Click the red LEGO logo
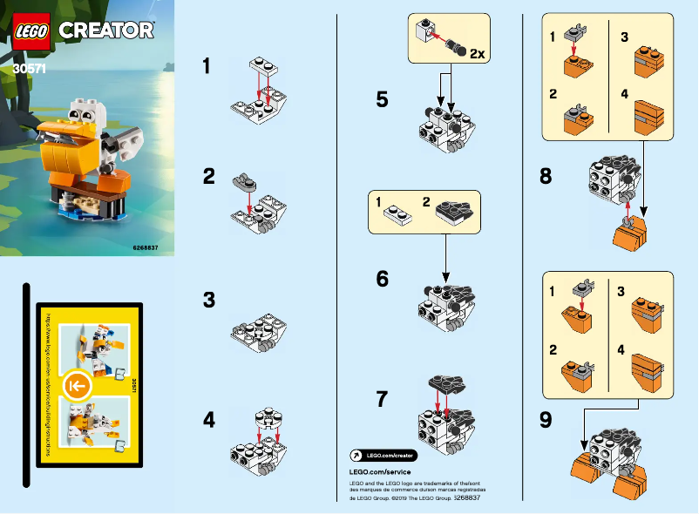pyautogui.click(x=31, y=30)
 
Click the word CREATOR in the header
pyautogui.click(x=106, y=30)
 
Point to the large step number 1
pyautogui.click(x=207, y=66)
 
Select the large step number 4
pyautogui.click(x=208, y=420)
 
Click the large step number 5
pyautogui.click(x=382, y=99)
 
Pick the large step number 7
pyautogui.click(x=382, y=400)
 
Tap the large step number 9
pyautogui.click(x=546, y=420)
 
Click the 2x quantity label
pyautogui.click(x=477, y=54)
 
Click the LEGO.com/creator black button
pyautogui.click(x=383, y=456)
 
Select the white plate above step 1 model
pyautogui.click(x=266, y=64)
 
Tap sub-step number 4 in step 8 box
pyautogui.click(x=624, y=94)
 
